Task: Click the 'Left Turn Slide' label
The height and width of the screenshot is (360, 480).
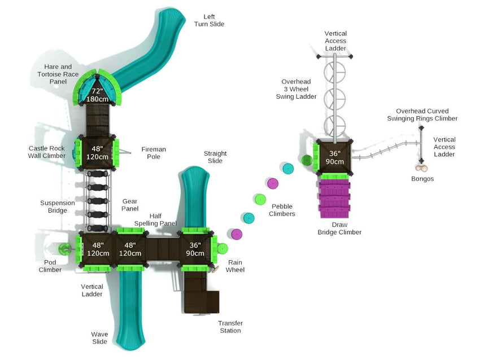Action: pos(209,20)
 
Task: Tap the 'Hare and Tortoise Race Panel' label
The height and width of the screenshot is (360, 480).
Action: pos(58,74)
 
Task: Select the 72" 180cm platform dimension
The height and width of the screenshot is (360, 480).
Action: pos(97,95)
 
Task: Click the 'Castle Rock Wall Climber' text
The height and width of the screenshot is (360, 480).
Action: pos(47,152)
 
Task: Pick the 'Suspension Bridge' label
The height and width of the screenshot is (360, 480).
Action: pos(57,207)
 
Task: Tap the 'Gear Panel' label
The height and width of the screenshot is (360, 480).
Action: pos(130,205)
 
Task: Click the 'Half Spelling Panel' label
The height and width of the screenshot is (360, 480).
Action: pos(155,219)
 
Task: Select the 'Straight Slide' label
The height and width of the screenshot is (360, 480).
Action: pos(215,157)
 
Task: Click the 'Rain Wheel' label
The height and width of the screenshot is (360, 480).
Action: pos(235,266)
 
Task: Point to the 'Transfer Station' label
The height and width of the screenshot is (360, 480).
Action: pos(230,327)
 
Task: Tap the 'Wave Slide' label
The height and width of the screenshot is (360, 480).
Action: pos(99,337)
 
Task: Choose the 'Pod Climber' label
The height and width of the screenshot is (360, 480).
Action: pos(50,266)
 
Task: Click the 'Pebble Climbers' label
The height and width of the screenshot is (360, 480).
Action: pos(282,210)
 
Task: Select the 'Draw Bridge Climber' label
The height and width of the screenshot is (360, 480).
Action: pos(339,228)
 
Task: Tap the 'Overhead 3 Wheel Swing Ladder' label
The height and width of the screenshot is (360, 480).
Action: pos(296,89)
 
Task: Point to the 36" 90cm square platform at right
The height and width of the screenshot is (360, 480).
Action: pos(334,157)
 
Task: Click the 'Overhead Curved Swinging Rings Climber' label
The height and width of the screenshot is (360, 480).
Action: pos(422,115)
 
